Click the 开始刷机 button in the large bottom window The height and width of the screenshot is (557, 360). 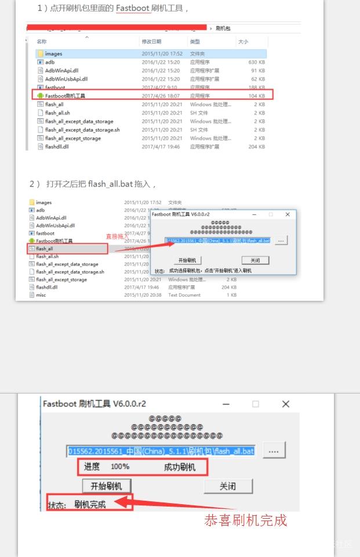(x=107, y=486)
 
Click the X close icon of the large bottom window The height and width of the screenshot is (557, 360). (x=285, y=404)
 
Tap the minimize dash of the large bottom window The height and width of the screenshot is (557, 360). (x=226, y=404)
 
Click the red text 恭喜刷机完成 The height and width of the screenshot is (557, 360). (x=245, y=520)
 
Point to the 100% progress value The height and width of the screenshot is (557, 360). (x=120, y=467)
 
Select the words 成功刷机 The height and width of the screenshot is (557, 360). (x=180, y=467)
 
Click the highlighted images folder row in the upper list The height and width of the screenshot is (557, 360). (x=53, y=54)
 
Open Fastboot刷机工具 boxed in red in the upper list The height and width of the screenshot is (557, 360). (x=65, y=96)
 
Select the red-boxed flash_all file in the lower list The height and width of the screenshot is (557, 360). (x=45, y=249)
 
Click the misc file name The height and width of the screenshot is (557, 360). (x=41, y=295)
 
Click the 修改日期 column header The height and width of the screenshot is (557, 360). (x=151, y=42)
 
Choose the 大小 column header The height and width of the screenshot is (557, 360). (x=243, y=42)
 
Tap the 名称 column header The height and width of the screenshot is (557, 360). (x=42, y=42)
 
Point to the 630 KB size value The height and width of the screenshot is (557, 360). (x=256, y=62)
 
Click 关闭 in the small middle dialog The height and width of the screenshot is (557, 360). (x=255, y=260)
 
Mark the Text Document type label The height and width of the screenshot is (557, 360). (x=184, y=295)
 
